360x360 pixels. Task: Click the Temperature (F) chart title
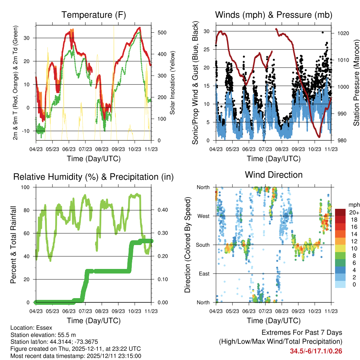point(94,15)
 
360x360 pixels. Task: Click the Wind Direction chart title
point(274,174)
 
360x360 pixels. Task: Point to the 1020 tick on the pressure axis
point(343,33)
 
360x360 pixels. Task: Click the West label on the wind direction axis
point(203,216)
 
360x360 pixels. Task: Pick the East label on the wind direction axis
point(204,274)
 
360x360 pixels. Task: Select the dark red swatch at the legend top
point(340,212)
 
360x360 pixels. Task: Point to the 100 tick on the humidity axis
point(27,187)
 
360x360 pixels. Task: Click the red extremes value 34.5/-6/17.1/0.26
point(316,351)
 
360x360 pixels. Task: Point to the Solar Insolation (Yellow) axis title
point(172,83)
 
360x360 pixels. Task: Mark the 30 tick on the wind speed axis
point(206,31)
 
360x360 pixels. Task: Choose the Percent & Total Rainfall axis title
point(13,245)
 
